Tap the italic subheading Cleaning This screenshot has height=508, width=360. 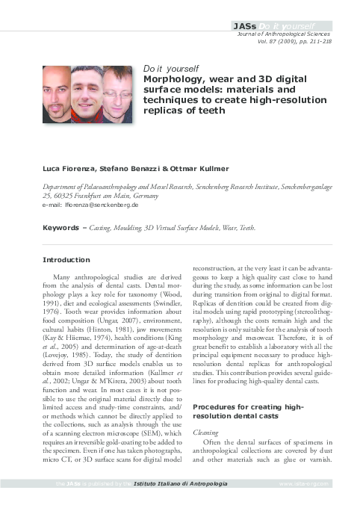[206, 431]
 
